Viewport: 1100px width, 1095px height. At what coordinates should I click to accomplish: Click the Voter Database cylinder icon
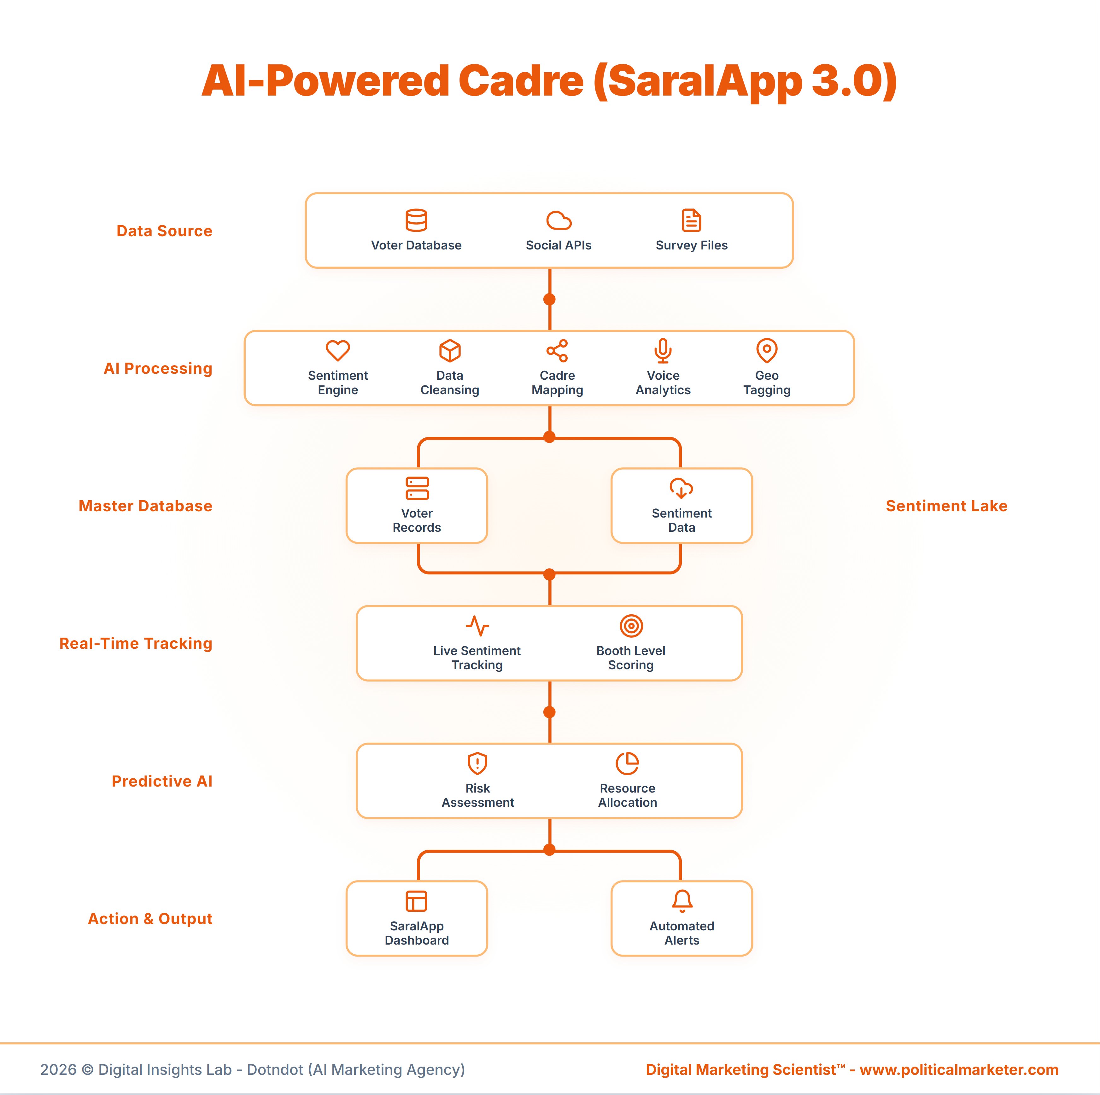[416, 220]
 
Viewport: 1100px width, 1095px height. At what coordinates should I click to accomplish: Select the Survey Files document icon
[691, 220]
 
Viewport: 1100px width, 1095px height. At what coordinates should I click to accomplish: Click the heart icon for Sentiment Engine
[338, 350]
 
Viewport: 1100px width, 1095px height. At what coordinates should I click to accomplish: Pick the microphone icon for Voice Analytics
[663, 350]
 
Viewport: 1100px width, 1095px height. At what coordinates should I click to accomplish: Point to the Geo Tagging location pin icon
[766, 350]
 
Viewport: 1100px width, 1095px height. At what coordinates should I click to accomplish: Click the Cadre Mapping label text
[557, 383]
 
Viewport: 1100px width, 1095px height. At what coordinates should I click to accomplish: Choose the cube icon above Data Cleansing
[450, 350]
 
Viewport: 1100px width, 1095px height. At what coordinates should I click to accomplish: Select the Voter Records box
[417, 506]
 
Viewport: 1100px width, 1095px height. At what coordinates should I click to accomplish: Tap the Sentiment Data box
[682, 506]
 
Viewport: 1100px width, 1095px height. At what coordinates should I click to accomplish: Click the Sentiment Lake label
[946, 506]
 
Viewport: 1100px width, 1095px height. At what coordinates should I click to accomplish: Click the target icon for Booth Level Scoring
[631, 626]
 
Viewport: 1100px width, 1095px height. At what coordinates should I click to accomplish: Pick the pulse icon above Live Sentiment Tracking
[477, 626]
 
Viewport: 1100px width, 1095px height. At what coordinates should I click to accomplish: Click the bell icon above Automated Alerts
[682, 901]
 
